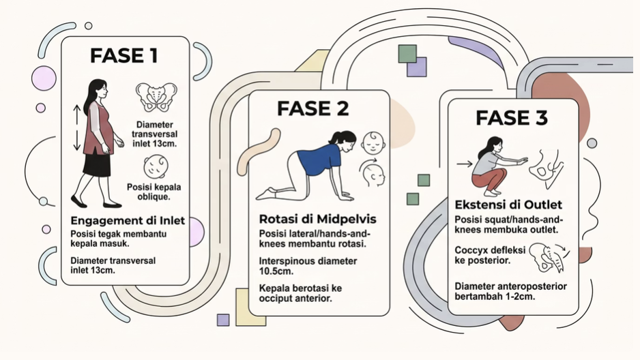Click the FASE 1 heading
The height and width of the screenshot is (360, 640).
(x=124, y=56)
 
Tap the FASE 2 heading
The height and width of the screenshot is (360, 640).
(x=313, y=108)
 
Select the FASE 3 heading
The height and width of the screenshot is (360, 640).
(x=512, y=117)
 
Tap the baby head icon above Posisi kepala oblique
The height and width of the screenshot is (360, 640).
(x=156, y=166)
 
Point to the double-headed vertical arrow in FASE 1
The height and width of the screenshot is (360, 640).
(x=77, y=128)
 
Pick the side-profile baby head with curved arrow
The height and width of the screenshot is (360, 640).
(x=373, y=173)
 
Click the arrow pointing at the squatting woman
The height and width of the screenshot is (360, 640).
(x=465, y=164)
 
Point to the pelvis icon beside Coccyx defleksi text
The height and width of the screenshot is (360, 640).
(x=551, y=258)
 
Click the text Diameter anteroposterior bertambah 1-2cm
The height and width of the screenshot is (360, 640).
(x=510, y=292)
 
